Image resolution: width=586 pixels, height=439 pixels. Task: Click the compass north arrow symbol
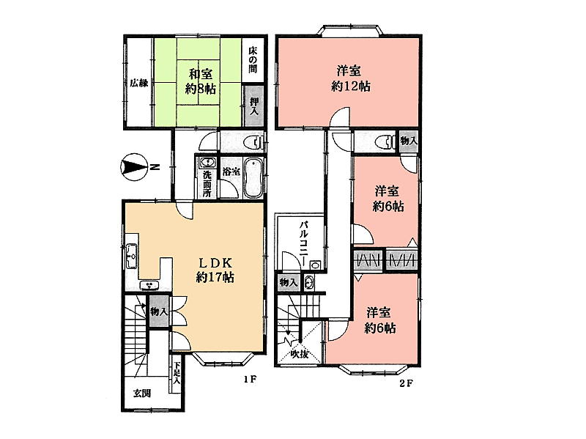[134, 167]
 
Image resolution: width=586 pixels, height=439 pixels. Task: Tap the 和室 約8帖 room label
[200, 81]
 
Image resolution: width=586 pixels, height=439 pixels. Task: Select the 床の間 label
[253, 59]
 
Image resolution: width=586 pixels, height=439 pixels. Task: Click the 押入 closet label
[254, 106]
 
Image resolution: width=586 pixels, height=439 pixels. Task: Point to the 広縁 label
[138, 83]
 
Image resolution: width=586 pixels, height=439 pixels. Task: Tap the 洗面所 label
[207, 184]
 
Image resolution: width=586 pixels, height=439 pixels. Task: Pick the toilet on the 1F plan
[253, 142]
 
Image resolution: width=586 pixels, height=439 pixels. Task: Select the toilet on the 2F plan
[385, 141]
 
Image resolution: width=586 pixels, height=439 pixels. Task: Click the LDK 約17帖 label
[215, 269]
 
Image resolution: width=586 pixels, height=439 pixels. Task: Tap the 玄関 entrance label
[142, 393]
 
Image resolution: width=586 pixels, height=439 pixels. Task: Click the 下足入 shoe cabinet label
[177, 374]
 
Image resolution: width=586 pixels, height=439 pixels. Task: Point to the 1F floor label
[250, 380]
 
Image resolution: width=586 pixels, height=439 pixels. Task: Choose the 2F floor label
[406, 383]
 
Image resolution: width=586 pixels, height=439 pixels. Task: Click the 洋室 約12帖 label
[351, 78]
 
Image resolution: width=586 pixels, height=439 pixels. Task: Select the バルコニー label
[303, 243]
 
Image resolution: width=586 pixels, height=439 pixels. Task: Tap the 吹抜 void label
[300, 354]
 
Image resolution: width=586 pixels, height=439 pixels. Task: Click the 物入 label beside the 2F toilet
[408, 141]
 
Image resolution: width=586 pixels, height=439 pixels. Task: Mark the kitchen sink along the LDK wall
[132, 256]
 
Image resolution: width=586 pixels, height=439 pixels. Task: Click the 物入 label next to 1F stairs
[159, 311]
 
